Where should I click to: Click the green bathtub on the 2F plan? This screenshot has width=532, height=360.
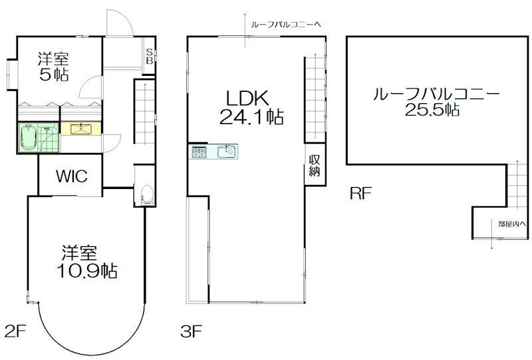point(28,138)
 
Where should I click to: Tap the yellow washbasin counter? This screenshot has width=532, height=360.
point(80,128)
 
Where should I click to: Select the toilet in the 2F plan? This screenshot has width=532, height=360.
point(147,195)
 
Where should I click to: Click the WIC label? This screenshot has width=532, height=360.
point(72,176)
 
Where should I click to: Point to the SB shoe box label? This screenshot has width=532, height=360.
point(149,57)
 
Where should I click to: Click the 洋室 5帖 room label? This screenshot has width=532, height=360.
point(54,67)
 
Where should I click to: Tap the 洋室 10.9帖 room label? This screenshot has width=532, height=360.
point(87,262)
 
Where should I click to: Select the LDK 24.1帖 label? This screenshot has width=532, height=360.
point(251,107)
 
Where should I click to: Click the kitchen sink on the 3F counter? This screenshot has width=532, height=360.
point(227,151)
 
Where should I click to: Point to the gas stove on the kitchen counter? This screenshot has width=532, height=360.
point(199,152)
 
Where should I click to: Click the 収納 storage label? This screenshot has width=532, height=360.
point(315,165)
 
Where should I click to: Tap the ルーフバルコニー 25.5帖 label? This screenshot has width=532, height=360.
point(436,102)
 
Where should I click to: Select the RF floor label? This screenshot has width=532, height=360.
point(361,193)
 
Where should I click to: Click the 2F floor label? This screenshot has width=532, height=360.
point(15,331)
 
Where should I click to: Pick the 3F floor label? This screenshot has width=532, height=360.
point(192,331)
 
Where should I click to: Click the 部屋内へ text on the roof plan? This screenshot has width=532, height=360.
point(512,224)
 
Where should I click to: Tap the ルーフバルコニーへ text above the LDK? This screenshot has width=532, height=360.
point(286,25)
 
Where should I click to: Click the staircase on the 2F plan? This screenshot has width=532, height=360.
point(145,111)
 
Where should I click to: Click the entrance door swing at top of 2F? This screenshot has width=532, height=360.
point(120,23)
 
